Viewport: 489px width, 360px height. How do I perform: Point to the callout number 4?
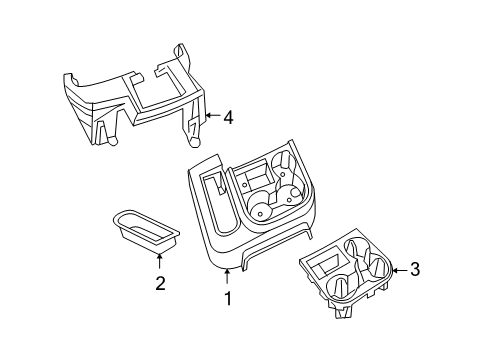(228, 118)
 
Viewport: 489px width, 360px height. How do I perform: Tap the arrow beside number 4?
(212, 118)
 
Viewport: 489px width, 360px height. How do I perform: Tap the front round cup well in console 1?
(261, 211)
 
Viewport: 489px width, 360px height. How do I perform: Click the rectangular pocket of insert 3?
(325, 267)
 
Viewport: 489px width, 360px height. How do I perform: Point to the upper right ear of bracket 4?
(180, 53)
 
